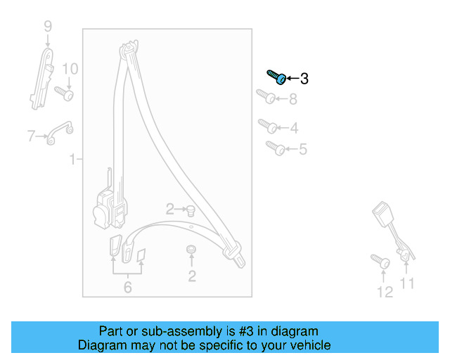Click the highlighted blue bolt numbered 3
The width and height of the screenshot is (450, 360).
[276, 77]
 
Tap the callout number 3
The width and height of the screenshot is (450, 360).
[304, 79]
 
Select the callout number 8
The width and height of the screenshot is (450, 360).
[292, 99]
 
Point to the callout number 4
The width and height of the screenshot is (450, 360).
[294, 128]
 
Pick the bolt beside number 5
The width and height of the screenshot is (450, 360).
[274, 148]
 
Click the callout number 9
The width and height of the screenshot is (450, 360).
[48, 27]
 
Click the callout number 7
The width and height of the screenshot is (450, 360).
[31, 136]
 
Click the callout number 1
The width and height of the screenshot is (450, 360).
[72, 160]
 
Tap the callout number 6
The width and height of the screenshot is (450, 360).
[127, 287]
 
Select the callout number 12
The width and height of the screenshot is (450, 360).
[385, 292]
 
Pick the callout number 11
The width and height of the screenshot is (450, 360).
[407, 283]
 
